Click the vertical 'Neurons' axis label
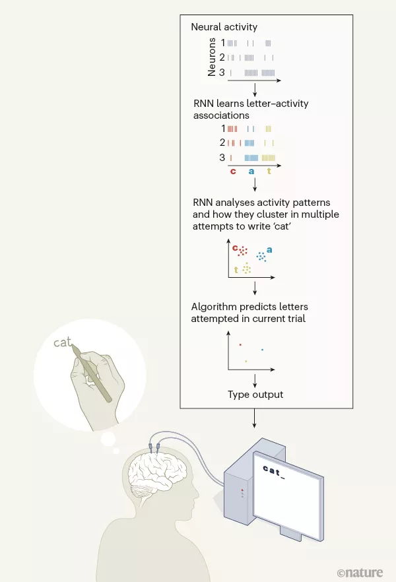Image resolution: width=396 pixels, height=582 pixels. (x=212, y=58)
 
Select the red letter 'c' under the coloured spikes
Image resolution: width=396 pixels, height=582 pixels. (x=233, y=172)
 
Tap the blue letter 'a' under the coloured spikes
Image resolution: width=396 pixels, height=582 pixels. (x=251, y=172)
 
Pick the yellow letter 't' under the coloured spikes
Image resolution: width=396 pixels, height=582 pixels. (x=269, y=172)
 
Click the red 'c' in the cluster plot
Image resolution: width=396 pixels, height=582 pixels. (x=234, y=247)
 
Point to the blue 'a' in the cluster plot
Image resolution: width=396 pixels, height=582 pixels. (x=269, y=250)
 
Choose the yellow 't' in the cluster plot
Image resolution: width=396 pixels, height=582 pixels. (x=236, y=270)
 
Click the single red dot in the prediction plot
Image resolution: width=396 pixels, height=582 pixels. (x=240, y=344)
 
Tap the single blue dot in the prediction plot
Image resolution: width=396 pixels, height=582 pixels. (x=263, y=349)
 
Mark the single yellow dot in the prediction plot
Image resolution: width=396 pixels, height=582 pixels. (x=246, y=361)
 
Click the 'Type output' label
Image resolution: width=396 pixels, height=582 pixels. (x=255, y=395)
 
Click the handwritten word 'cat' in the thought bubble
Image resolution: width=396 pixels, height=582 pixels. (x=62, y=343)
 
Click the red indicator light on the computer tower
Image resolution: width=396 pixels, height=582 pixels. (x=242, y=492)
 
